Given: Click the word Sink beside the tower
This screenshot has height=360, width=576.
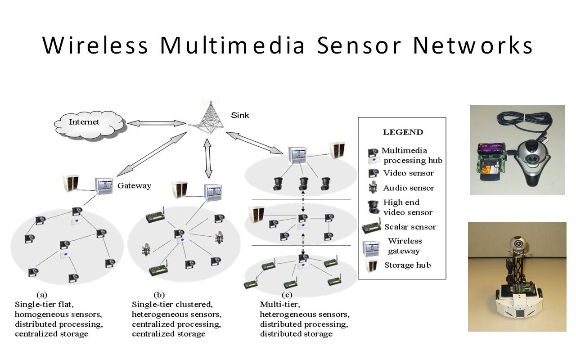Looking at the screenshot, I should point(240,115).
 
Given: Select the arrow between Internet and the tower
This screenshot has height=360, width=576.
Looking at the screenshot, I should point(156,122).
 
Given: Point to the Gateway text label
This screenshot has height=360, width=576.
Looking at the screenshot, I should point(134,185).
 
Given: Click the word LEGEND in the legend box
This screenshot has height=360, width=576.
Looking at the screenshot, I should point(403,132).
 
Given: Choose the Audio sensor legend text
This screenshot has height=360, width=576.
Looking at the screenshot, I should point(409,188).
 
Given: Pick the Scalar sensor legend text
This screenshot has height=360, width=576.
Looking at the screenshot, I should point(410,227).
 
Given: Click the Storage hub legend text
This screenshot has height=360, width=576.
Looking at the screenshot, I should point(407,265).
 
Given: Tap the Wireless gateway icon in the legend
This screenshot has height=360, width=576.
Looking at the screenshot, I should point(372,246).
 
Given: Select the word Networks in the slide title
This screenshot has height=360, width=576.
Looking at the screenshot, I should point(472,45).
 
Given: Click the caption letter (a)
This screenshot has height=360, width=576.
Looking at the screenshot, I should point(41,295).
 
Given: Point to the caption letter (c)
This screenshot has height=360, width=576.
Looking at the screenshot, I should point(287,295).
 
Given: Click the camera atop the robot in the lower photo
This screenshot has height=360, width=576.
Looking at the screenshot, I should point(518,243).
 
